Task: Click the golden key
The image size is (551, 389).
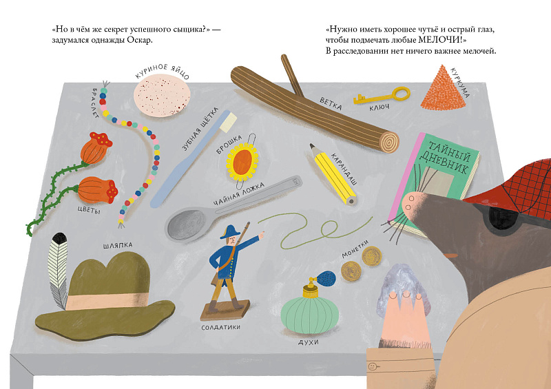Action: click(382, 96)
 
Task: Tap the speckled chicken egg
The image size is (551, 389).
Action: click(162, 96)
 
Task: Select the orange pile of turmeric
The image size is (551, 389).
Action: click(444, 88)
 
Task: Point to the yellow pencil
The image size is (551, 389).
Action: click(333, 175)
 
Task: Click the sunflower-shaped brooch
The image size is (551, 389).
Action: click(242, 162)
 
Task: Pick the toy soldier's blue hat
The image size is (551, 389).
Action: click(230, 231)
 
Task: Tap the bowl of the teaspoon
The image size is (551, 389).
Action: click(185, 225)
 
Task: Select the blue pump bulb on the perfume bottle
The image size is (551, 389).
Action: click(326, 277)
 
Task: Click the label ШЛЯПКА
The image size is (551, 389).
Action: click(118, 245)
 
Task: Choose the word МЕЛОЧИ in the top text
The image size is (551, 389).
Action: click(440, 40)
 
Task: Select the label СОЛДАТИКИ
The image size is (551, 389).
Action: click(220, 327)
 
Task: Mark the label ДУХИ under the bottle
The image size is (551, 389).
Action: click(308, 341)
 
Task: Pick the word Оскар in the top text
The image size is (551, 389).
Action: click(141, 40)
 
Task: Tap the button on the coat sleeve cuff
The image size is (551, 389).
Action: click(373, 366)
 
